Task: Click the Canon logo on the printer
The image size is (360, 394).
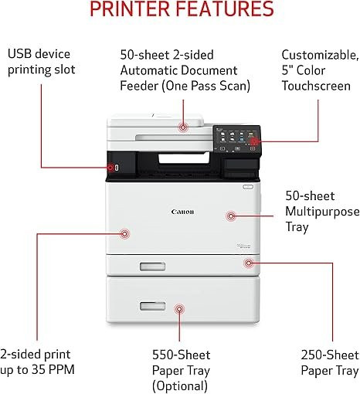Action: (182, 212)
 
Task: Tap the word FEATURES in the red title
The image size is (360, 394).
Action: (225, 8)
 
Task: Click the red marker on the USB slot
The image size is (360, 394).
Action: (110, 168)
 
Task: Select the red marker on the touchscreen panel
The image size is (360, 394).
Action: (254, 141)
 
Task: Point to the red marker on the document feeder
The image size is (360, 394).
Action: (183, 127)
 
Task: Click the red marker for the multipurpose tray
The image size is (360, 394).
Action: (231, 216)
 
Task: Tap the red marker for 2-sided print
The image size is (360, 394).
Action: (124, 234)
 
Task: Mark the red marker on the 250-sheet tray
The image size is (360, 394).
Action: (249, 263)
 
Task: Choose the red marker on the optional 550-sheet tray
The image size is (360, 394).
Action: (179, 309)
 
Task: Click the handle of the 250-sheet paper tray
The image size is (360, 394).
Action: (152, 267)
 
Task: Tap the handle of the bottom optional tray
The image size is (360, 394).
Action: (152, 306)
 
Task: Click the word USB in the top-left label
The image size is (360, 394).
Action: (19, 54)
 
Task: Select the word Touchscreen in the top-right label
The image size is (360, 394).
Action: (316, 86)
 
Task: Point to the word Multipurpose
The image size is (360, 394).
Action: (322, 212)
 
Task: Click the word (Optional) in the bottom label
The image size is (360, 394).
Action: (180, 386)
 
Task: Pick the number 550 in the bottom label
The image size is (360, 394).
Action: (162, 355)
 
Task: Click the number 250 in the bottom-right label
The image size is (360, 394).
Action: (311, 355)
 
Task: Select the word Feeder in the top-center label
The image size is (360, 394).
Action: (139, 86)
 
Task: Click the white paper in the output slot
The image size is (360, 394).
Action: (184, 158)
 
